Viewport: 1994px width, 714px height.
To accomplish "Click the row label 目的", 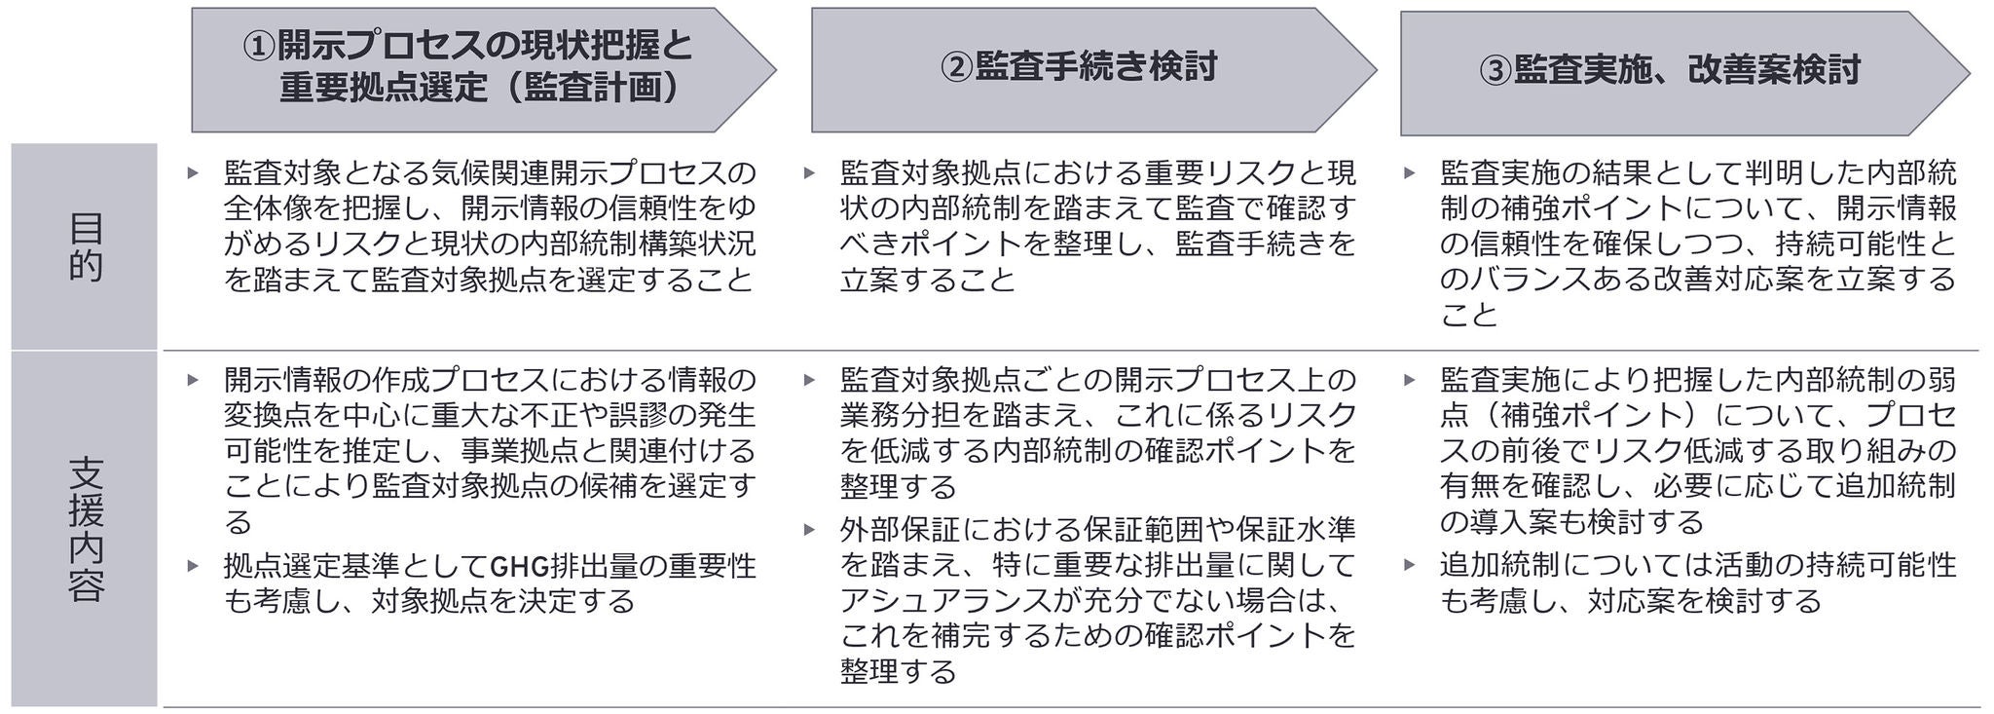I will pyautogui.click(x=85, y=246).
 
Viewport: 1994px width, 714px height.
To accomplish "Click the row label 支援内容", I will pyautogui.click(x=85, y=528).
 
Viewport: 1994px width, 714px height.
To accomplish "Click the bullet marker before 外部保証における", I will pyautogui.click(x=809, y=530).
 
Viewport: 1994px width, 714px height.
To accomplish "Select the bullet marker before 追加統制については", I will pyautogui.click(x=1409, y=565).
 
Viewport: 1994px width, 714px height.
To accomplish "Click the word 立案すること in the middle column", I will pyautogui.click(x=927, y=281).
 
